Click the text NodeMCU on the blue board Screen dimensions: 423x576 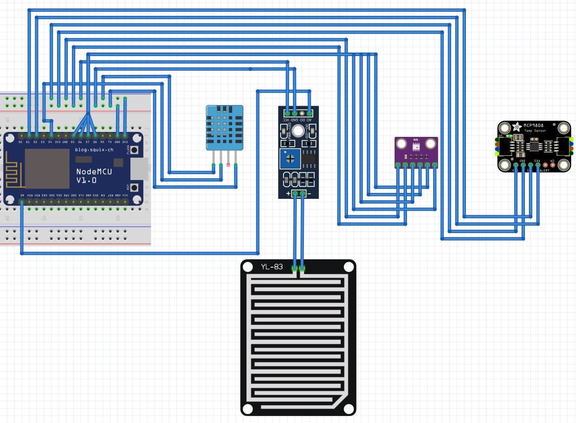coord(94,172)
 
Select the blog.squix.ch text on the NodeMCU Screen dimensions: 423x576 coord(94,149)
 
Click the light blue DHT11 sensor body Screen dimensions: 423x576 coord(225,127)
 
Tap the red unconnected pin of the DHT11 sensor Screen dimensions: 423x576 coord(228,164)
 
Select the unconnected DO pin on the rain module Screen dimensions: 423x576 coord(302,114)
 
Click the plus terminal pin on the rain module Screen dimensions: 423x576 coord(295,193)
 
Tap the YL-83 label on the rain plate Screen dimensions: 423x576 coord(272,267)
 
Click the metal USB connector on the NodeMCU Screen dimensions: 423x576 coord(140,169)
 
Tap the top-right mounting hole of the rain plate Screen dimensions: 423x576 coord(348,267)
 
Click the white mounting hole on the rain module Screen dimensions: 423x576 coord(298,131)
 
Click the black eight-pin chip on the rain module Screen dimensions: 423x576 coord(309,158)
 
